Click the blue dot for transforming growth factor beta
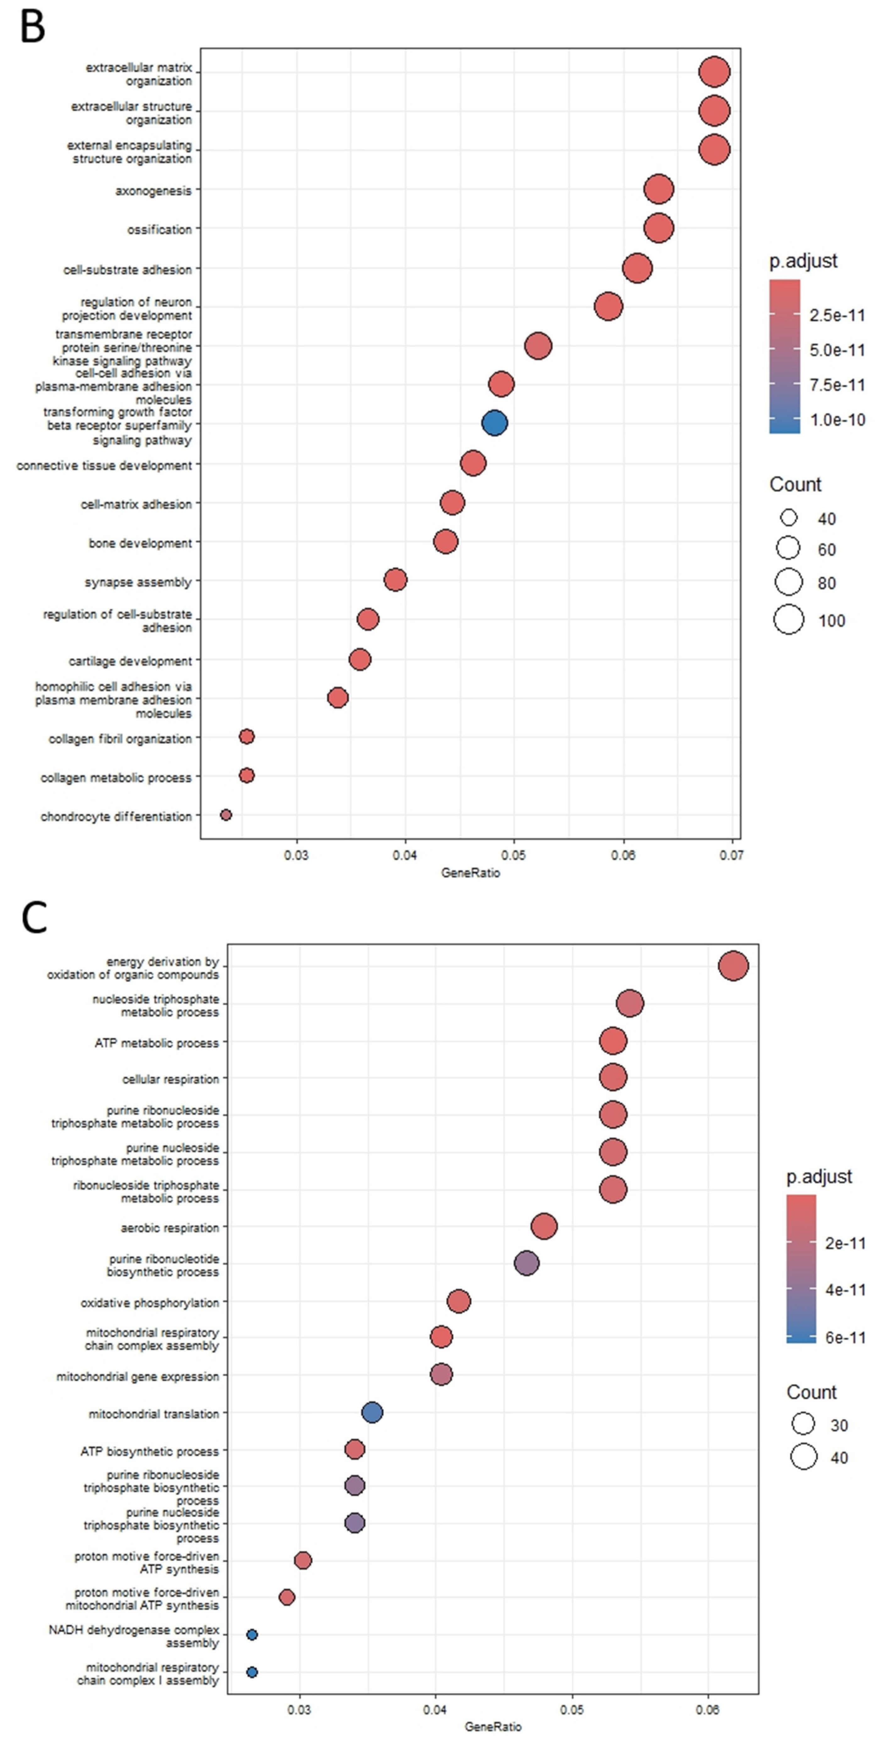coord(494,423)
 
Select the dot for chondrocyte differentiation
coord(226,815)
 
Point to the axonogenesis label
coord(153,191)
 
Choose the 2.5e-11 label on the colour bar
coord(837,316)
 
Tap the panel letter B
coord(32,27)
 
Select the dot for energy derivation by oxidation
coord(733,966)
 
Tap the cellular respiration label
coord(170,1079)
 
